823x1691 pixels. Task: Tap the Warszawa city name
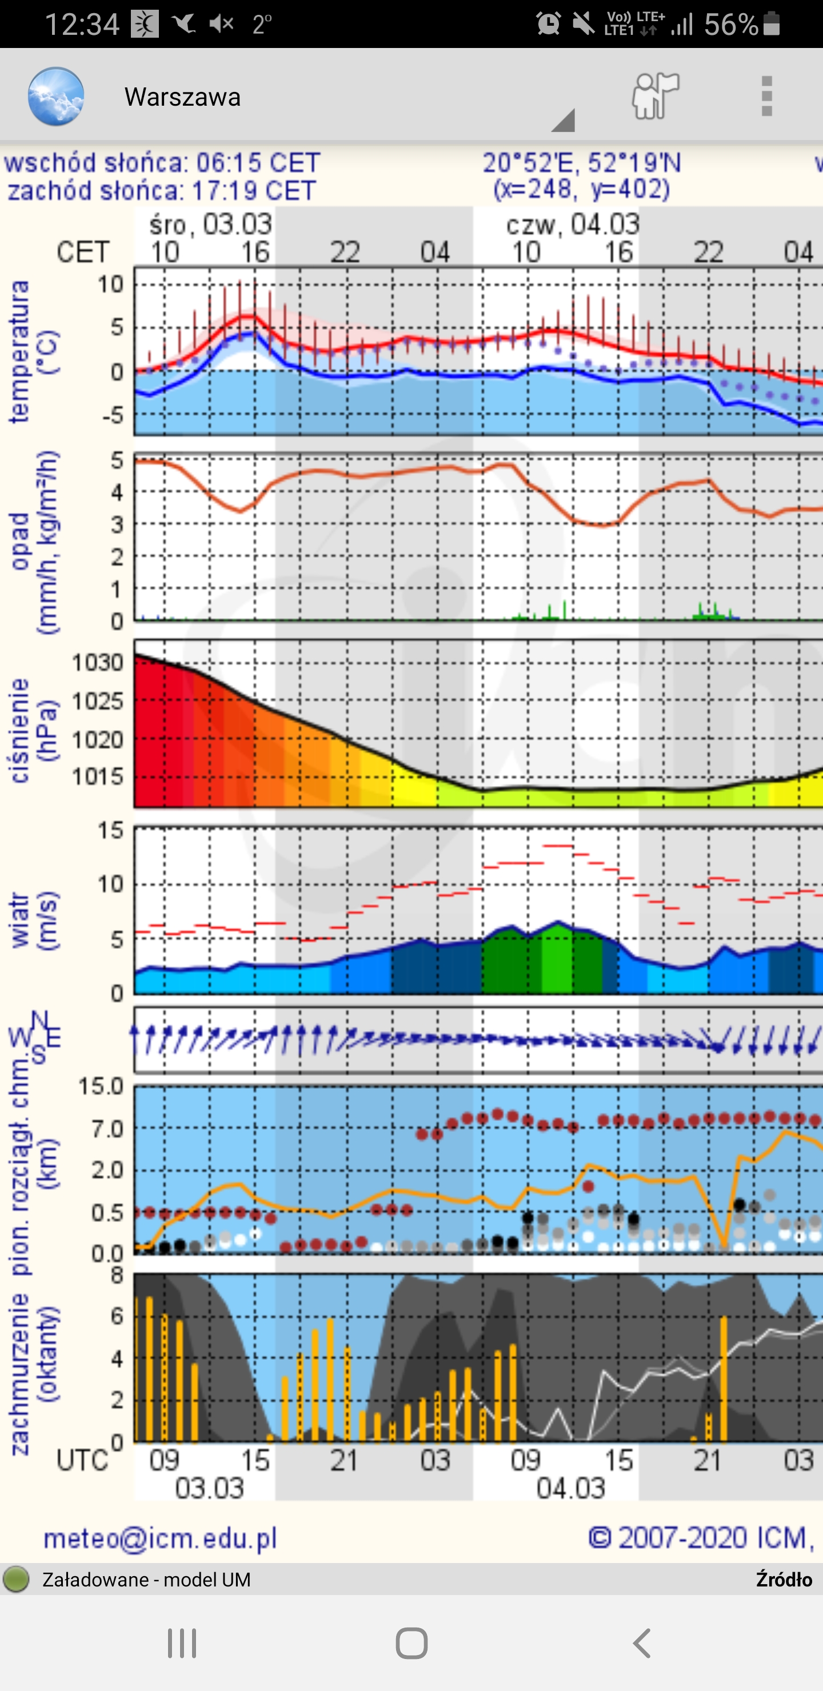pyautogui.click(x=182, y=97)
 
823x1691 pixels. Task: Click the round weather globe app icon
pyautogui.click(x=56, y=97)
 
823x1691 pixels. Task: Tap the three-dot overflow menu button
pyautogui.click(x=766, y=97)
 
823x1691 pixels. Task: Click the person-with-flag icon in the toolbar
pyautogui.click(x=655, y=96)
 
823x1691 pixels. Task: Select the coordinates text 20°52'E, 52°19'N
pyautogui.click(x=581, y=163)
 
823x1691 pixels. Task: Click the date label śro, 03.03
pyautogui.click(x=210, y=225)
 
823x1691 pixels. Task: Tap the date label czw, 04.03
pyautogui.click(x=572, y=225)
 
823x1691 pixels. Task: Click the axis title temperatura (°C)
pyautogui.click(x=33, y=352)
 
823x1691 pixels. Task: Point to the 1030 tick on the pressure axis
pyautogui.click(x=98, y=662)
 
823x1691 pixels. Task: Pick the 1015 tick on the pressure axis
pyautogui.click(x=98, y=776)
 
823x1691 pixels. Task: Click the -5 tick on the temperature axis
pyautogui.click(x=113, y=415)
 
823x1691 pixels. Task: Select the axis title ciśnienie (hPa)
pyautogui.click(x=33, y=731)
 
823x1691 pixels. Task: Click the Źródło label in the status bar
pyautogui.click(x=784, y=1580)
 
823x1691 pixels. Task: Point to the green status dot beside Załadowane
pyautogui.click(x=17, y=1580)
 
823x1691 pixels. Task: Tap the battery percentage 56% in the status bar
pyautogui.click(x=731, y=25)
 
